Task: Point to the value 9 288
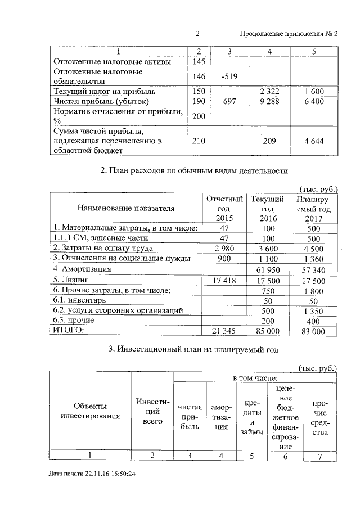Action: coord(271,101)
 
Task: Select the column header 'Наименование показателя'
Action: coord(127,208)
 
